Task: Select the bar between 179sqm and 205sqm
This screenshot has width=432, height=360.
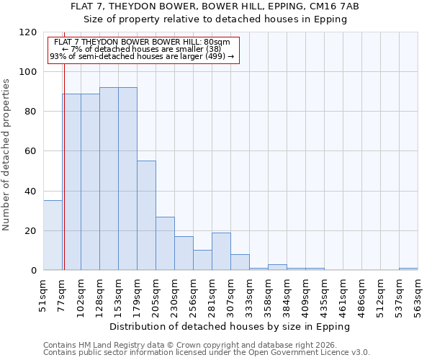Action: [x=146, y=215]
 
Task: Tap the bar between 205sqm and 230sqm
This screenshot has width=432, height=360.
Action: [x=165, y=243]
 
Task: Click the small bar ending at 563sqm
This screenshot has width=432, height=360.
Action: [x=408, y=269]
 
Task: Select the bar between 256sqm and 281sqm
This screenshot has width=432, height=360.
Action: [x=202, y=260]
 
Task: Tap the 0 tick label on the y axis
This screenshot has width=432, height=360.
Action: [x=34, y=271]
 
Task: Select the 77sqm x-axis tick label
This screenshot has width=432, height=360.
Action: [x=63, y=294]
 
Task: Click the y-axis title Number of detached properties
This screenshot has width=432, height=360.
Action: [x=7, y=156]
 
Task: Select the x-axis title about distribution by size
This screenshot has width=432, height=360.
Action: [x=230, y=326]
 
